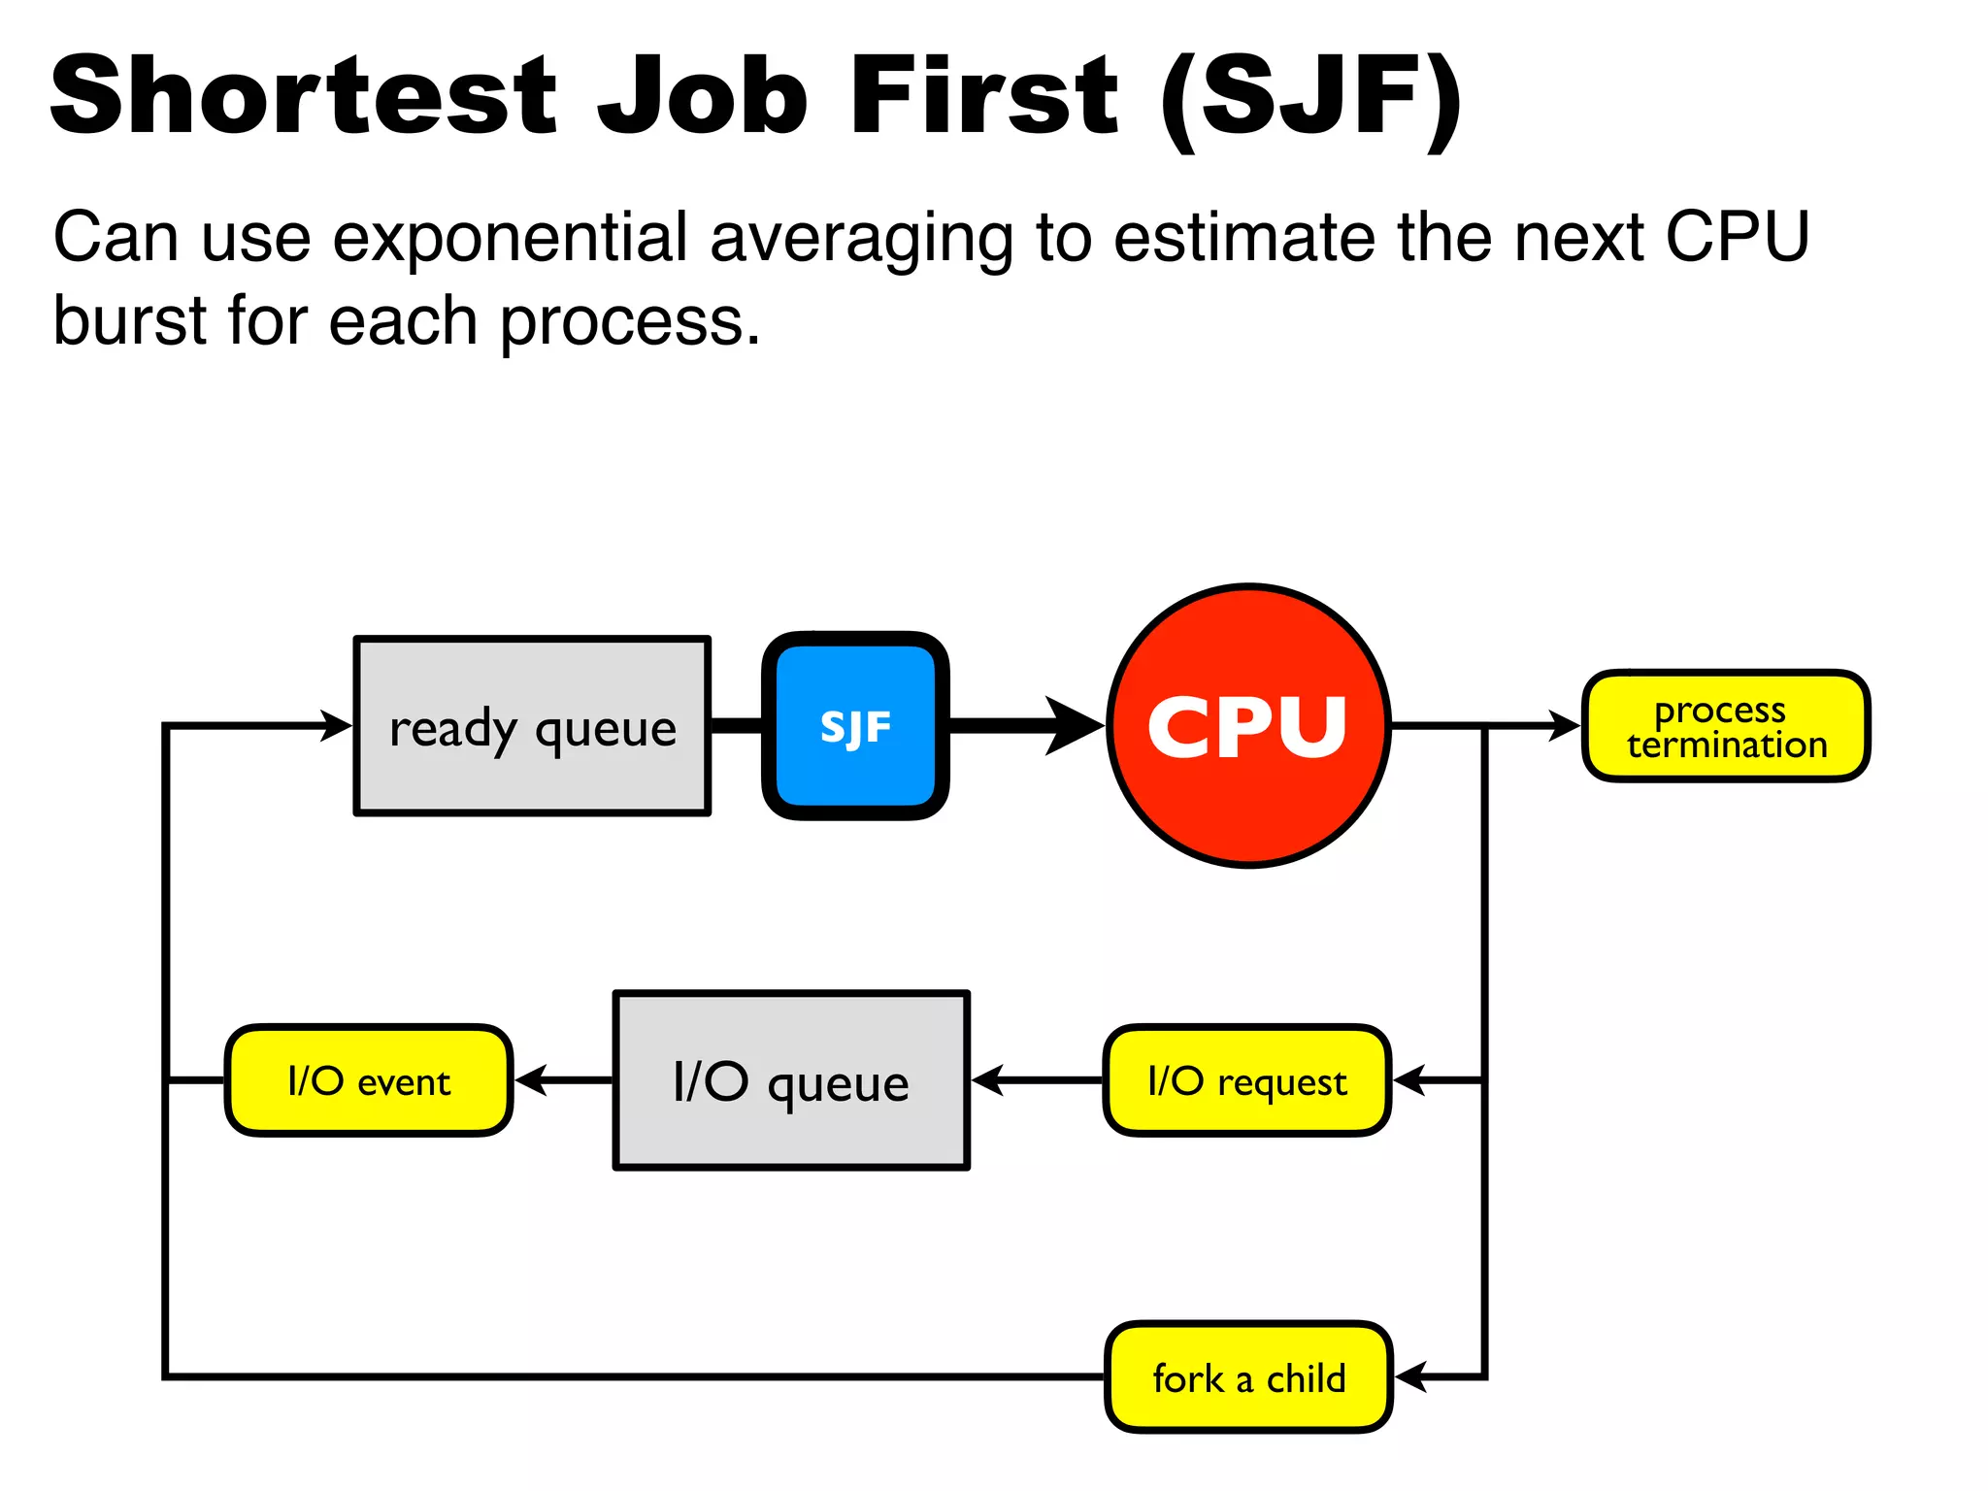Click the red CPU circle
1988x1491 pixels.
(x=1248, y=725)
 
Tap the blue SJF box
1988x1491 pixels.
(x=855, y=726)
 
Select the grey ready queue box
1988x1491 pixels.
(x=532, y=726)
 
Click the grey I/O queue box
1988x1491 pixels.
(x=791, y=1080)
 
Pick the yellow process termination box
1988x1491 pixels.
(x=1726, y=726)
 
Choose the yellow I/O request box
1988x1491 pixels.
(x=1247, y=1080)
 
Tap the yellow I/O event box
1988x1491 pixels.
(x=369, y=1080)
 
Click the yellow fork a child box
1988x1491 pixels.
(x=1248, y=1377)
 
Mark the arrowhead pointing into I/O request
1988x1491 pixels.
(x=1408, y=1080)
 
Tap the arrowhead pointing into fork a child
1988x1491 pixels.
(x=1409, y=1377)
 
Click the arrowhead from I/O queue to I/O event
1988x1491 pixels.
(x=531, y=1080)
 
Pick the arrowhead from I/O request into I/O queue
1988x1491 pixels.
(x=987, y=1080)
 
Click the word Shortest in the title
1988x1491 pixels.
(x=303, y=95)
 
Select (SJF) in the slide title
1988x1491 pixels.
(x=1310, y=97)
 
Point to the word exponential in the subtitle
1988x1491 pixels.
(x=510, y=237)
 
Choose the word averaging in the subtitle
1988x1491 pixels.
(x=861, y=239)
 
